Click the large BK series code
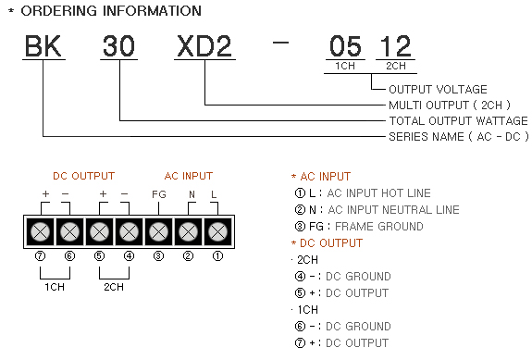[43, 45]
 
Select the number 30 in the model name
[118, 45]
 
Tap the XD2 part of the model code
[204, 45]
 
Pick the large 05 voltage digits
[345, 45]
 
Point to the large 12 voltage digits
[395, 45]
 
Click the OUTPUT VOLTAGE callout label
[438, 89]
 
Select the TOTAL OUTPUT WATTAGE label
[458, 121]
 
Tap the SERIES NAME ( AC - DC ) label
[458, 136]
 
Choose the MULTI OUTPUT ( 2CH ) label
[450, 106]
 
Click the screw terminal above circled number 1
[217, 232]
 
